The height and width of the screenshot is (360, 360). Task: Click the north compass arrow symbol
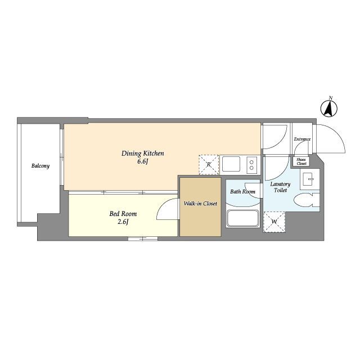click(329, 108)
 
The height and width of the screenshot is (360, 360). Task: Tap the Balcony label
click(40, 166)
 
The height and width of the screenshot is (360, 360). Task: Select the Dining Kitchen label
click(142, 154)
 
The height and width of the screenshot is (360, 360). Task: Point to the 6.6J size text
click(142, 161)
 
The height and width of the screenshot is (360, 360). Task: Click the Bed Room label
click(123, 214)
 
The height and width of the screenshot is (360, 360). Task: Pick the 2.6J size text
click(123, 222)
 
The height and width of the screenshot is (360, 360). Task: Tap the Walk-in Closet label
click(200, 204)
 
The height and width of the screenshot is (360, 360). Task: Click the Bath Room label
click(242, 191)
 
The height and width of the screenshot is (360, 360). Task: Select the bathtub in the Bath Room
click(243, 218)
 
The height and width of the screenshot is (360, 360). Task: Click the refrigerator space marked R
click(209, 165)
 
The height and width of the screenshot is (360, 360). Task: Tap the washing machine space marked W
click(274, 222)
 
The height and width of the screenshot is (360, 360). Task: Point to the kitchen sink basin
click(231, 164)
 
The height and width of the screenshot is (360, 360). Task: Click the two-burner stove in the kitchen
click(251, 165)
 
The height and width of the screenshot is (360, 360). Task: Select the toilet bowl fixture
click(307, 200)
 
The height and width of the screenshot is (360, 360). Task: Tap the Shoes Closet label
click(301, 161)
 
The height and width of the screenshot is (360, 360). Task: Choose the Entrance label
click(302, 139)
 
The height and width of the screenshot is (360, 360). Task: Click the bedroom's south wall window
click(143, 238)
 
